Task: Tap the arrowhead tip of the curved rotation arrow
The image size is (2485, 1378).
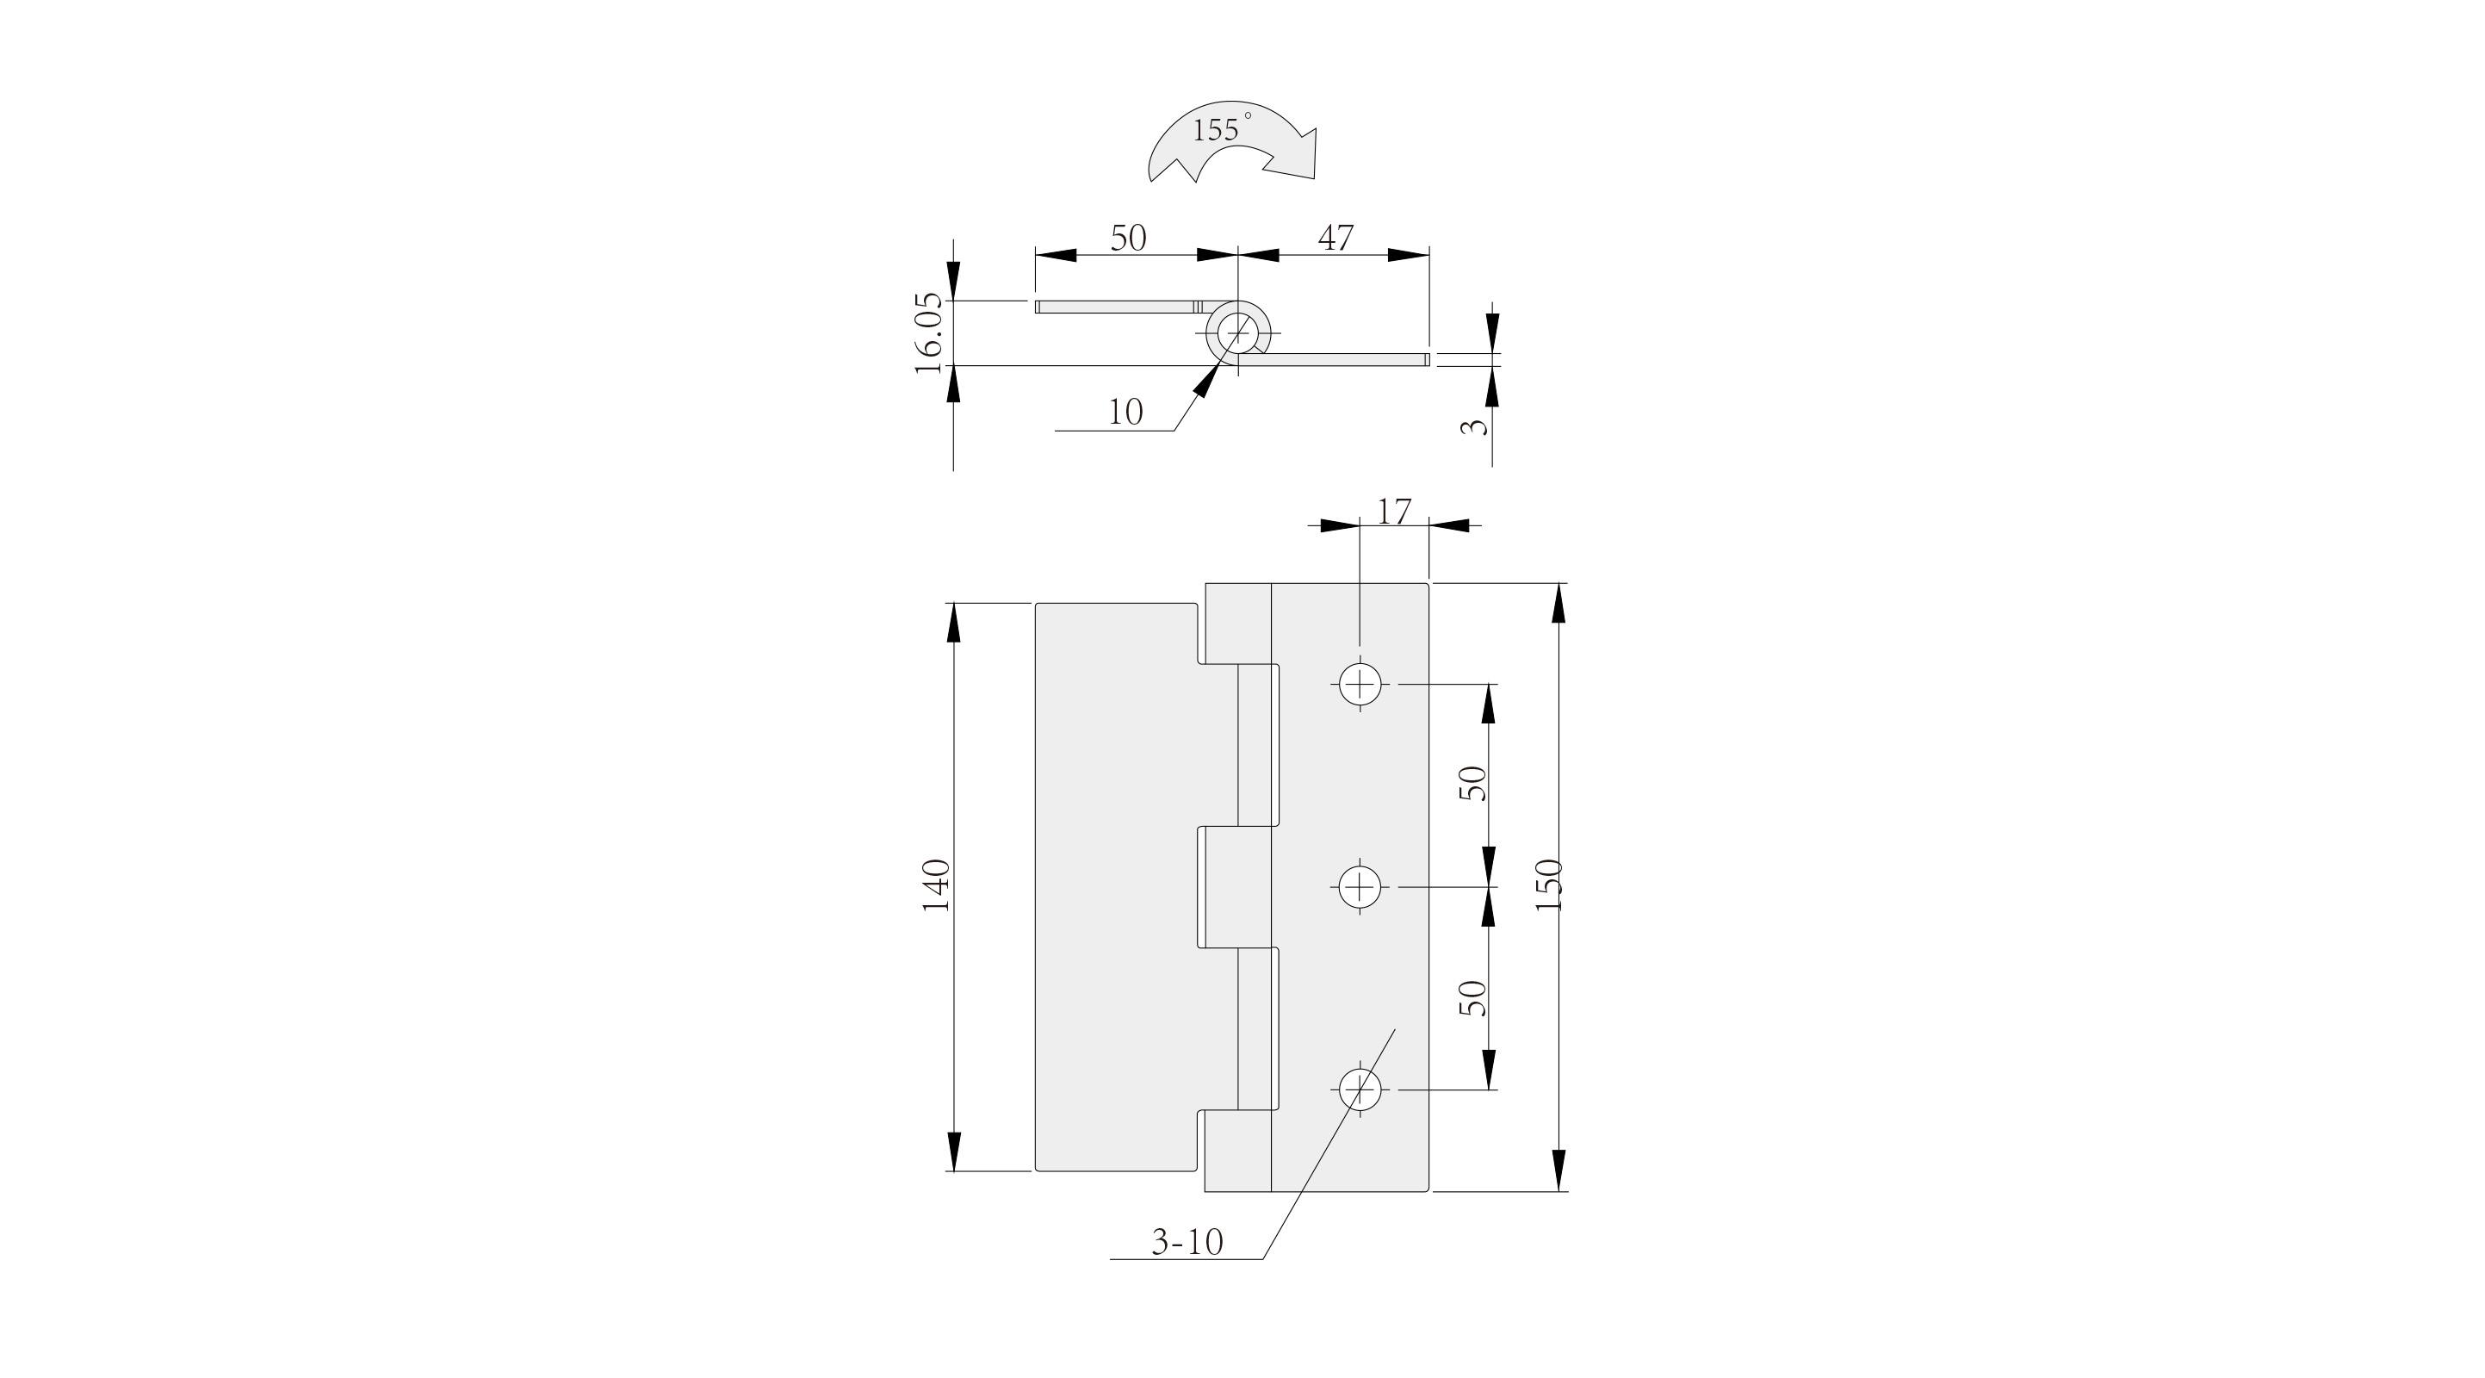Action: pyautogui.click(x=1314, y=178)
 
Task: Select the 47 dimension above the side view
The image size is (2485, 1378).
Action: pyautogui.click(x=1335, y=238)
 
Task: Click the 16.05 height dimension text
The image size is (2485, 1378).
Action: pyautogui.click(x=928, y=333)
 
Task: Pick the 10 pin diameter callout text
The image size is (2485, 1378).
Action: pyautogui.click(x=1125, y=412)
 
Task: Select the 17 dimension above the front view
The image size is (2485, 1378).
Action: pyautogui.click(x=1394, y=512)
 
